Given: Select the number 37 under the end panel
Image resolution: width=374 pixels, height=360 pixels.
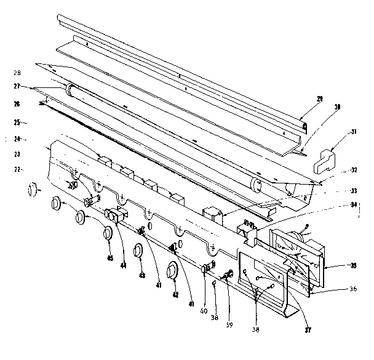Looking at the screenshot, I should (308, 330).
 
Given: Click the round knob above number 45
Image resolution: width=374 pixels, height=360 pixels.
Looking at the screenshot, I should (108, 233).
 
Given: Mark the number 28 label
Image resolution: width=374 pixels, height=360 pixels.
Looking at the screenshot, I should (17, 73).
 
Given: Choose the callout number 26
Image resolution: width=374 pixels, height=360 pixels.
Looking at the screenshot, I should (17, 104).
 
